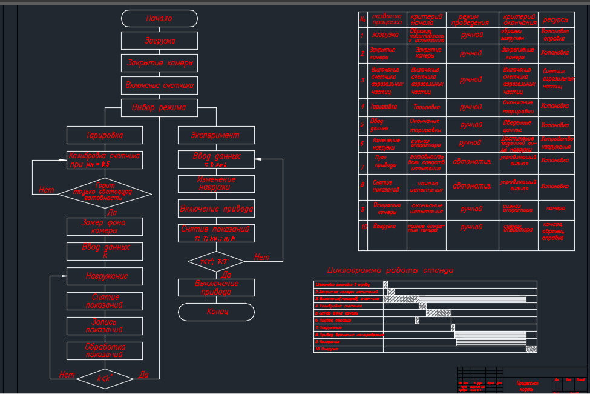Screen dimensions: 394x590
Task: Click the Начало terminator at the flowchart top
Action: pos(159,18)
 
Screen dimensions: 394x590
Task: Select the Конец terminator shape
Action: pos(216,312)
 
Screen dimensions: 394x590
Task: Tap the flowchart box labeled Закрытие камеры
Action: pos(159,62)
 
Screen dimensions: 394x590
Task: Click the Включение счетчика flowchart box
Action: pos(159,85)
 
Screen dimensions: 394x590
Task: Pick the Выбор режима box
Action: pos(159,108)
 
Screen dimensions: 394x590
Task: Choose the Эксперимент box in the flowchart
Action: pos(215,135)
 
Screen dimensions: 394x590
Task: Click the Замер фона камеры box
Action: pos(104,226)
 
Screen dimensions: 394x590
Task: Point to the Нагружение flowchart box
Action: pos(104,276)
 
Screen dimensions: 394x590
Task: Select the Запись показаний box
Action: pos(104,326)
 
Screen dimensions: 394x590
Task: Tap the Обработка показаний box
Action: pos(104,350)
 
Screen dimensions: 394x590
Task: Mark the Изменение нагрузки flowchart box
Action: pos(215,184)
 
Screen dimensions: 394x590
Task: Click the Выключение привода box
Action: pos(215,287)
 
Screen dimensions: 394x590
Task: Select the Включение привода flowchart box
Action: pos(215,209)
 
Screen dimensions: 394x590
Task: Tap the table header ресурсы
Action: pos(556,19)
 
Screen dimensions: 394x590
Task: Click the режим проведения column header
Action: pos(472,19)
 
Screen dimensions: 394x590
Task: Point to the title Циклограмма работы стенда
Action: pos(390,270)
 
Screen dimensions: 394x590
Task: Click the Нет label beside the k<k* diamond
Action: pos(67,375)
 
